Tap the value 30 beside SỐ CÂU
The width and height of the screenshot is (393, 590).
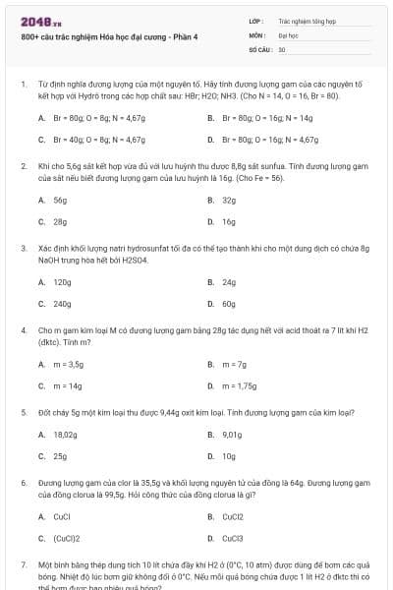[x=282, y=48]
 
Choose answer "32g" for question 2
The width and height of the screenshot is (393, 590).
[x=229, y=200]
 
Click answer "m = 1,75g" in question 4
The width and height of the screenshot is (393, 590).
[x=239, y=386]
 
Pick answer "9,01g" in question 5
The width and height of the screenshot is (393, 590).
[x=232, y=434]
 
